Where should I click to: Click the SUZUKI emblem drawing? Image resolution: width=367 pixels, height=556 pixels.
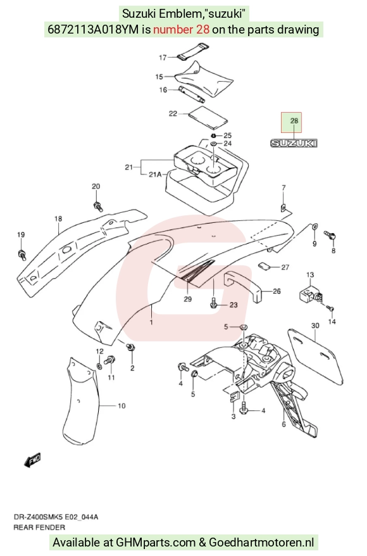pos(294,143)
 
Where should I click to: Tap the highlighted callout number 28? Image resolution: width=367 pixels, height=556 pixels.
pos(294,121)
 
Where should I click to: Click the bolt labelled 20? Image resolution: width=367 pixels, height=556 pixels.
pos(97,206)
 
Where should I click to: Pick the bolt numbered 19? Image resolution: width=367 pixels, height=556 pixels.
pos(22,254)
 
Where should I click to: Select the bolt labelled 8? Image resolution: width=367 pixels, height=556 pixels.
pos(330,236)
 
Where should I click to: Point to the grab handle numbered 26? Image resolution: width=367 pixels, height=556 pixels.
pos(243,286)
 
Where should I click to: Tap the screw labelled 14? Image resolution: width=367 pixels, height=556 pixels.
pos(330,308)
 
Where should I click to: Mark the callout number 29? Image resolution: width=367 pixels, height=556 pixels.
pos(188,299)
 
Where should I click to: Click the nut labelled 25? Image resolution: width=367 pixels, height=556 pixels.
pos(214,136)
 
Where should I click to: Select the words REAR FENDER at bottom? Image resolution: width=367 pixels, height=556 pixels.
pos(39,528)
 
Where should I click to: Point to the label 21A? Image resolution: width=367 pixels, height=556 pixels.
pos(155,174)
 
